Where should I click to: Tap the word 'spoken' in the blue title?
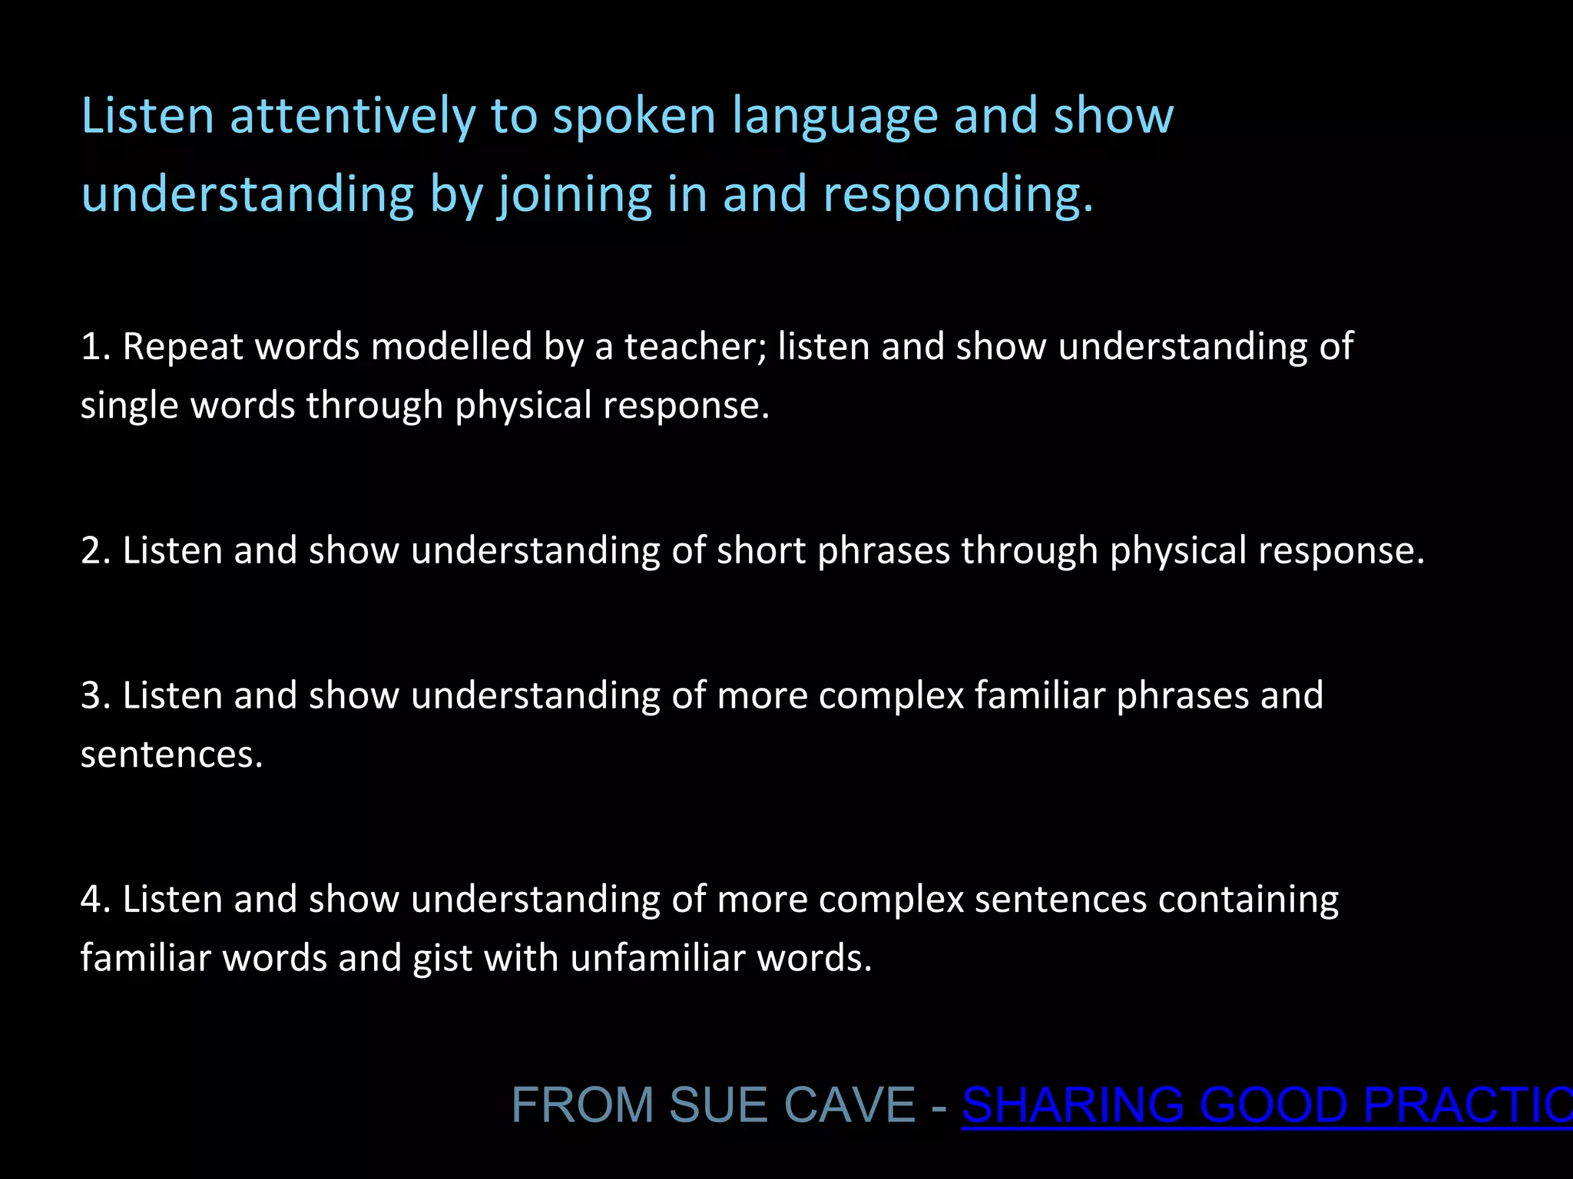tap(634, 117)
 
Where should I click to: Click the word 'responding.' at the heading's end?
tap(957, 195)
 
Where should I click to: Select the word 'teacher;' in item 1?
tap(695, 347)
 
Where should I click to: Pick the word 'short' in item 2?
tap(760, 551)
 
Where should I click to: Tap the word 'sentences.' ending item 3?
tap(171, 755)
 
